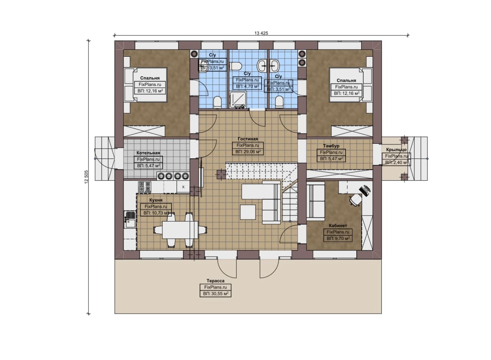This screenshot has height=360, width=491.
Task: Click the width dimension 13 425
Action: tap(261, 33)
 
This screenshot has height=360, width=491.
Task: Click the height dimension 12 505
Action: tap(86, 177)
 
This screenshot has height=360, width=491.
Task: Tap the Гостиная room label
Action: tap(248, 139)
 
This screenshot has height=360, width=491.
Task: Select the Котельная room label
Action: tap(148, 153)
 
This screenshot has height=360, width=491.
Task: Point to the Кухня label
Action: tap(156, 200)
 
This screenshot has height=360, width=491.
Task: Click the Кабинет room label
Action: tap(338, 225)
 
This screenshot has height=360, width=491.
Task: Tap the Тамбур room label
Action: tap(331, 146)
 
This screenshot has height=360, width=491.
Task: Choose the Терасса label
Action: tap(216, 281)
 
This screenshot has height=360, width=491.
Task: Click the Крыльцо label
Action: tap(396, 150)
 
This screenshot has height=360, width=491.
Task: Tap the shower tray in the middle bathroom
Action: tap(238, 100)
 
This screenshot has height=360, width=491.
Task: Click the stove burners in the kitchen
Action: tap(145, 187)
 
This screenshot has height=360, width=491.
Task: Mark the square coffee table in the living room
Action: tap(248, 212)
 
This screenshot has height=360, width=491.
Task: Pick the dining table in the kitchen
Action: tap(180, 230)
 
